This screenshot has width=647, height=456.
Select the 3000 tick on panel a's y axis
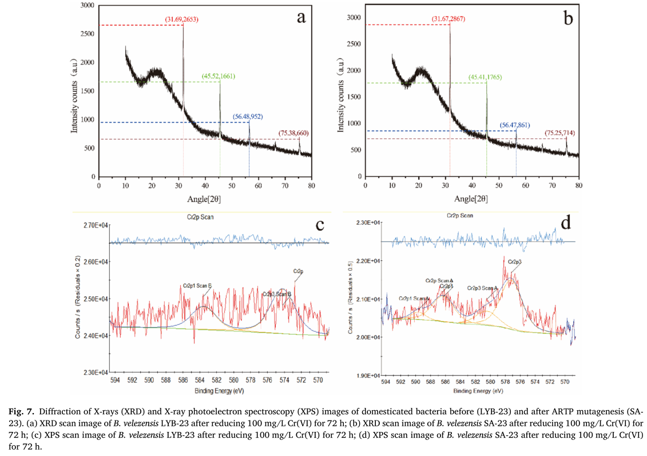86,5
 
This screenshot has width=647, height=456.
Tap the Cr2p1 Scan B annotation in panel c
198,284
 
